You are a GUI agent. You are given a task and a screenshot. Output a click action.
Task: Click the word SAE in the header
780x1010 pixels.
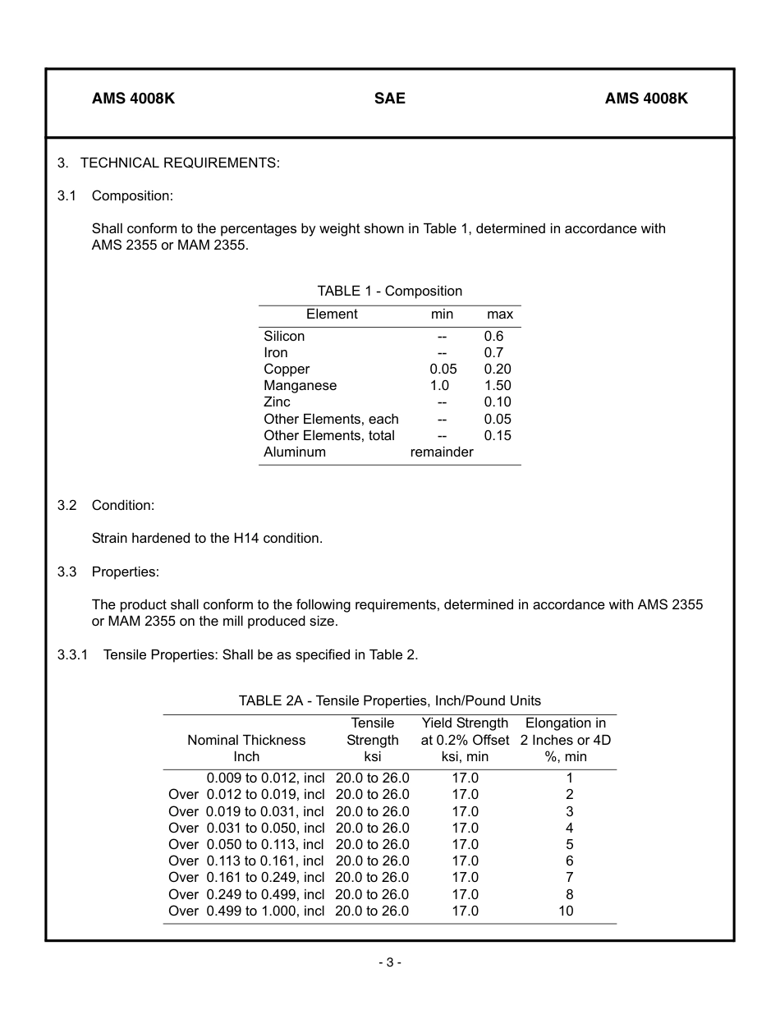click(389, 99)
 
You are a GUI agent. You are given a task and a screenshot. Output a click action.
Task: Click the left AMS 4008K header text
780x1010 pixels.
click(133, 99)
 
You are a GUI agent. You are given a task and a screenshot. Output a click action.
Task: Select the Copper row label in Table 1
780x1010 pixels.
click(287, 370)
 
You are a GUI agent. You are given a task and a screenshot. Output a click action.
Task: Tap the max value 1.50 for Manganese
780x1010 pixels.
click(498, 386)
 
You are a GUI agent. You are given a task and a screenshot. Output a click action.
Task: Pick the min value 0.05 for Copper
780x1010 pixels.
click(443, 370)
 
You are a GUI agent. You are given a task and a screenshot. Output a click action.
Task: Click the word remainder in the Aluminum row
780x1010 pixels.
click(442, 452)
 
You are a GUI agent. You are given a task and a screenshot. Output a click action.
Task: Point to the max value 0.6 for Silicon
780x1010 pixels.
click(493, 336)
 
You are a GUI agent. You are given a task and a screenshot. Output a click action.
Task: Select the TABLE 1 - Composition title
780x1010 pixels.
click(389, 292)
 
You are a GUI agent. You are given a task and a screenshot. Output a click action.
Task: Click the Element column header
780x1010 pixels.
click(332, 314)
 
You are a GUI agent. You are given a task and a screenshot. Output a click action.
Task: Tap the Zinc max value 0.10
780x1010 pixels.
click(498, 402)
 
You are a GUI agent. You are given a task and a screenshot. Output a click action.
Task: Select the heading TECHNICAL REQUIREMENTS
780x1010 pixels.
click(180, 163)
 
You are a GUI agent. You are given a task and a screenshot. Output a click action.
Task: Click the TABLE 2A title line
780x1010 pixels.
click(389, 701)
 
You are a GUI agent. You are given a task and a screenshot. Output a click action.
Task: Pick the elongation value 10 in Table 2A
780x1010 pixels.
click(566, 911)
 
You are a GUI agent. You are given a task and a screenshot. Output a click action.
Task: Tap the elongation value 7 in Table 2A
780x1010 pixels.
click(569, 878)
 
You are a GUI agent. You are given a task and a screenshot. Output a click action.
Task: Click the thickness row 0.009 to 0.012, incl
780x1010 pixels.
click(265, 778)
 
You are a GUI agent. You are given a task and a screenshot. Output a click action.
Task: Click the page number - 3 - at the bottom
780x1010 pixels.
click(389, 962)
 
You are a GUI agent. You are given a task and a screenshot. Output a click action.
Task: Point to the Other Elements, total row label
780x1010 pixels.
click(329, 436)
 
